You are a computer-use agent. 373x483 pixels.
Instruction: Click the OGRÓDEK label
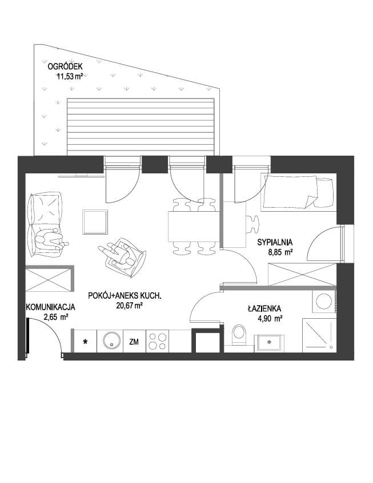point(65,66)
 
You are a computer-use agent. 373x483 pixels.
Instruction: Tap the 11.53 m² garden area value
point(70,76)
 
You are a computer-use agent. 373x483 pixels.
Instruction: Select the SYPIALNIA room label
point(275,243)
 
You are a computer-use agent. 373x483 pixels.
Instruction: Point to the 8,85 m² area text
point(280,252)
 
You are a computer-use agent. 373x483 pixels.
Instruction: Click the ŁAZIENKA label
point(264,308)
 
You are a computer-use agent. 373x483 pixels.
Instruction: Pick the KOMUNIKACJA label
point(50,307)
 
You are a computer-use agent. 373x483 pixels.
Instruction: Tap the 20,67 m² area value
point(129,306)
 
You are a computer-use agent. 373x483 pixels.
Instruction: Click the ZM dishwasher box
point(134,341)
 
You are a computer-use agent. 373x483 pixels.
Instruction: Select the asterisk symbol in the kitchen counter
point(86,342)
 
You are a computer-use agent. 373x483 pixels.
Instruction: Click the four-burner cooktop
point(157,341)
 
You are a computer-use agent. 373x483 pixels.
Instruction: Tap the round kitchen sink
point(110,341)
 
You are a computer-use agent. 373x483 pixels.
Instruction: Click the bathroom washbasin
point(269,343)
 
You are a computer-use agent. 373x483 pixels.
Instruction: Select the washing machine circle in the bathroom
point(324,301)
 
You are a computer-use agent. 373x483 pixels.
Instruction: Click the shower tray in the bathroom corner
point(319,335)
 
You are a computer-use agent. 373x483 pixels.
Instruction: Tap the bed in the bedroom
point(298,192)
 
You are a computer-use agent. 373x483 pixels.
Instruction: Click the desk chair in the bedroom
point(252,224)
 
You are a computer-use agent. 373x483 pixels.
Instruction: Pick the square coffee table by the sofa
point(95,222)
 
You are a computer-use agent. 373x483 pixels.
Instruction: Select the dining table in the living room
point(194,227)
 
